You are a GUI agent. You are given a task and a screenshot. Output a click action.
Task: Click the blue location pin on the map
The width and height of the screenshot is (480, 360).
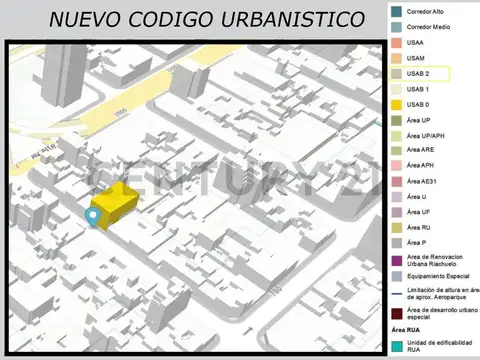coord(94,216)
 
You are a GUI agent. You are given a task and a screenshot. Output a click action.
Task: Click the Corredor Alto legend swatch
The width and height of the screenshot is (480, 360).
coord(397,10)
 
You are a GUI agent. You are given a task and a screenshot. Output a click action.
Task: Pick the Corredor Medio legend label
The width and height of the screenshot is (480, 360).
coord(429,27)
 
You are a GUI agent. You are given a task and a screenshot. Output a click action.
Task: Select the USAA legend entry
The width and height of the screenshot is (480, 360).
coord(415,43)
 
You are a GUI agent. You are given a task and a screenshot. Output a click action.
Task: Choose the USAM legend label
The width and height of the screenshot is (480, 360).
coord(416,58)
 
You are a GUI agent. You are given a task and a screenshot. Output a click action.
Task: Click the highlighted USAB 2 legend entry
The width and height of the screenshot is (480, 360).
coord(420,74)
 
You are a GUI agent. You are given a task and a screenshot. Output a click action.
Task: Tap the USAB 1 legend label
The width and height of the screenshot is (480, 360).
coord(419,89)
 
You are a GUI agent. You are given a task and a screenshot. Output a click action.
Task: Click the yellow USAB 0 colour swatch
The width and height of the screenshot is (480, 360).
coord(397,105)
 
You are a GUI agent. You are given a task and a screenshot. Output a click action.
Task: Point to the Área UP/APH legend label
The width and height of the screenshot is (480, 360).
coord(427,135)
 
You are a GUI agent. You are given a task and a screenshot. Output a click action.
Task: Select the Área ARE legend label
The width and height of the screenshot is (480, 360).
coord(421,150)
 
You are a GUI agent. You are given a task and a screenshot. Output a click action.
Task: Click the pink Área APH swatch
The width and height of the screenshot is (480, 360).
coord(397,166)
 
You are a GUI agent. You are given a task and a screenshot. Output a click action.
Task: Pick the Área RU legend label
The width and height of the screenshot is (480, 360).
coord(419,227)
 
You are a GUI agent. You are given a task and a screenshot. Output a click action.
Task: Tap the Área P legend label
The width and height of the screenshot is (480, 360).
coord(417,243)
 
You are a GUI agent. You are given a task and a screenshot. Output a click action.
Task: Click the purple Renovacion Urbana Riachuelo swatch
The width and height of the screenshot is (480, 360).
coord(397,261)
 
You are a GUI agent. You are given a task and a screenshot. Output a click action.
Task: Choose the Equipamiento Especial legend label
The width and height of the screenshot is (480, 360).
coord(438,276)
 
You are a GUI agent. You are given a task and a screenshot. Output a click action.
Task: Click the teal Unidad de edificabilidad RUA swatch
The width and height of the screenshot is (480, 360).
coord(397,346)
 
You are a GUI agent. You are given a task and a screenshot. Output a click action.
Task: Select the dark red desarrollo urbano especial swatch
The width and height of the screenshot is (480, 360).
coord(397,313)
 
